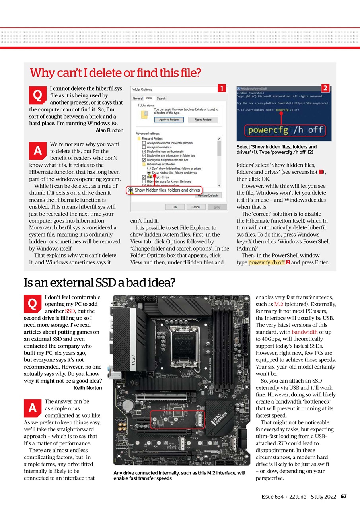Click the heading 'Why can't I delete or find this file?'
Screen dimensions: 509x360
click(115, 73)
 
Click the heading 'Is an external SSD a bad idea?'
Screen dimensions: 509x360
click(99, 283)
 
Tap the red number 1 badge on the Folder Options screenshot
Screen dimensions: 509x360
click(222, 88)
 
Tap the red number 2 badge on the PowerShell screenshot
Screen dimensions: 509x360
click(325, 88)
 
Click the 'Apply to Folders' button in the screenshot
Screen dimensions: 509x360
click(169, 119)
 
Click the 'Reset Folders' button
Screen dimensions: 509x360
click(203, 119)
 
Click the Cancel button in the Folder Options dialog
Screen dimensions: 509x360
click(196, 207)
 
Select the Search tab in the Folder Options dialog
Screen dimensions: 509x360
click(161, 98)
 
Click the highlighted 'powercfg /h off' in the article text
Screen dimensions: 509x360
click(267, 262)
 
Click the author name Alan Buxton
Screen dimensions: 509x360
click(109, 130)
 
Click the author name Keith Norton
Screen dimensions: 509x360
click(88, 387)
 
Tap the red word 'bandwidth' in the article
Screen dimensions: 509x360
click(304, 332)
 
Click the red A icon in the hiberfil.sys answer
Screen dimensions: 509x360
click(37, 151)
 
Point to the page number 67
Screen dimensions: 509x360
click(344, 497)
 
